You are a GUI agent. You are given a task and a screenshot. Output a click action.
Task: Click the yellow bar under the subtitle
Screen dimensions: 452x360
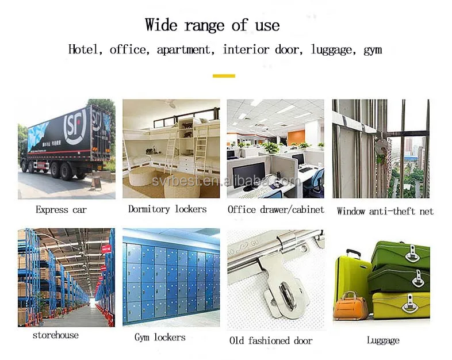pyautogui.click(x=224, y=75)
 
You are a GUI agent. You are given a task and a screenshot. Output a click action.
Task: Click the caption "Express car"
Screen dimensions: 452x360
pyautogui.click(x=61, y=209)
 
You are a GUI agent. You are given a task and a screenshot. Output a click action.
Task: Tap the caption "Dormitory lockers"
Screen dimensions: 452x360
pyautogui.click(x=167, y=209)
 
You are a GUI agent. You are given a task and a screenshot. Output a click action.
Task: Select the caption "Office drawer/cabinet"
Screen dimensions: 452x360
pyautogui.click(x=276, y=209)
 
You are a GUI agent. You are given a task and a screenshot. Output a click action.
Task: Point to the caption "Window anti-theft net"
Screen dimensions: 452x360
pyautogui.click(x=385, y=211)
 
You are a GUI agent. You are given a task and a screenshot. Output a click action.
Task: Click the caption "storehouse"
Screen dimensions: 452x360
pyautogui.click(x=56, y=335)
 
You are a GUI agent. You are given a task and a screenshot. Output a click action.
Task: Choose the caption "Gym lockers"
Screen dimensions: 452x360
pyautogui.click(x=160, y=337)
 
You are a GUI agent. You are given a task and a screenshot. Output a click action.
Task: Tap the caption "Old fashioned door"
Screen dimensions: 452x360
pyautogui.click(x=271, y=340)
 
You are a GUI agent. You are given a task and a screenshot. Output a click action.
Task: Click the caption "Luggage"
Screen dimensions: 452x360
pyautogui.click(x=382, y=340)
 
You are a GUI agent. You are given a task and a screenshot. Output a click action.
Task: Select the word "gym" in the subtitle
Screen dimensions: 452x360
pyautogui.click(x=373, y=50)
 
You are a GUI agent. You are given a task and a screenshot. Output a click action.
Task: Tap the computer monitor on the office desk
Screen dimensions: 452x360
pyautogui.click(x=248, y=173)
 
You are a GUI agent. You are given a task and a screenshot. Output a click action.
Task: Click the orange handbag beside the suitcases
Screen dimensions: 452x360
pyautogui.click(x=350, y=306)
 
